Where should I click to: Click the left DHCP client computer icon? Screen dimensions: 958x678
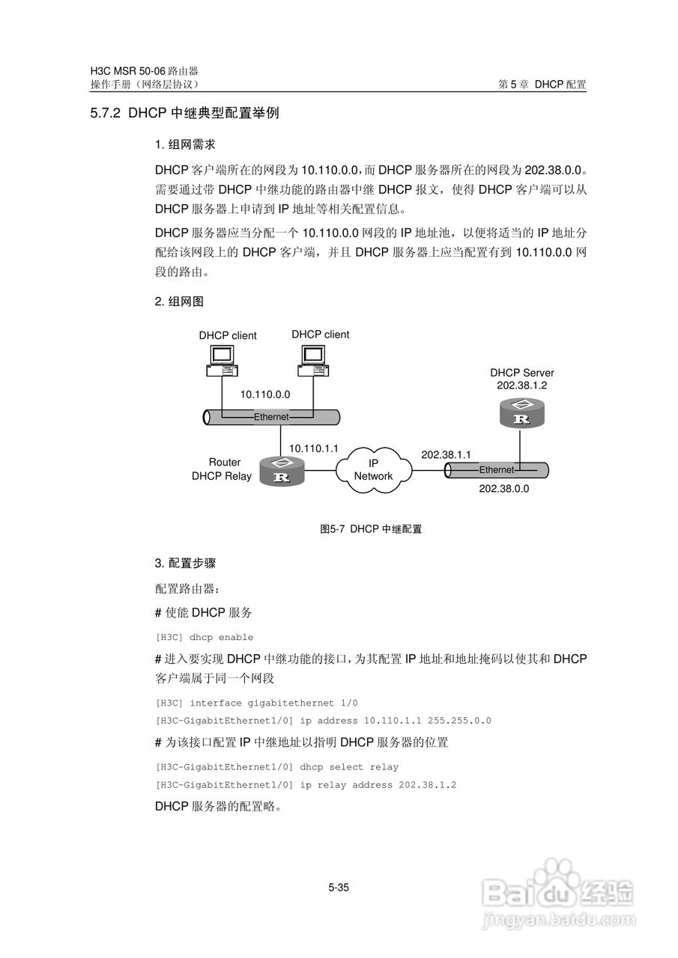[222, 361]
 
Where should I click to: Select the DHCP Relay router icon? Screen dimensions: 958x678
[282, 472]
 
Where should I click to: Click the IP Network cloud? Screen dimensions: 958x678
[373, 470]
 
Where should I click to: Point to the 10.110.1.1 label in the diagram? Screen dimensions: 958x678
[314, 448]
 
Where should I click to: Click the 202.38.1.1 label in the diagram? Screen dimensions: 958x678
[446, 454]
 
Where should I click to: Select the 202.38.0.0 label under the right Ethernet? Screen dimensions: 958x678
[503, 488]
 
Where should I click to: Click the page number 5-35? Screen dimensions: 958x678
[339, 888]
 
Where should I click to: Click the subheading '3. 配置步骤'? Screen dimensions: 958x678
[185, 562]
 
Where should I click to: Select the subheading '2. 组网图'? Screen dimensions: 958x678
[179, 302]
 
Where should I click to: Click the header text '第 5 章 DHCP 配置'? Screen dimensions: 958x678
[542, 85]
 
